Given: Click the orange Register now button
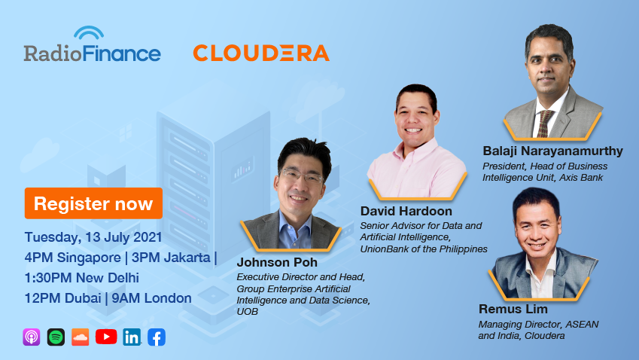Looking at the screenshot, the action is (x=93, y=203).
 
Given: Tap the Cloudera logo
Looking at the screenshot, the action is (x=261, y=53).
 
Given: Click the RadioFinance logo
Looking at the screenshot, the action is (x=92, y=44).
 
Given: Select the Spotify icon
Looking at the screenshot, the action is (x=56, y=337).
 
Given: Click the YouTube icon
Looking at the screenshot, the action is (x=106, y=337).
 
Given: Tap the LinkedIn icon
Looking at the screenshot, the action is (x=132, y=337).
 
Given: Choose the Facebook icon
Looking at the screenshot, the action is (x=157, y=337).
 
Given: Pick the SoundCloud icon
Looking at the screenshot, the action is (x=81, y=337).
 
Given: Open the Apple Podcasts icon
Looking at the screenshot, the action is (x=32, y=337).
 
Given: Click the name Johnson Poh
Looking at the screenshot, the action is (x=277, y=262).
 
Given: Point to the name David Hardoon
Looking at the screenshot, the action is (x=406, y=211).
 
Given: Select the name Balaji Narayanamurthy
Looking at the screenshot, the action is (x=552, y=151).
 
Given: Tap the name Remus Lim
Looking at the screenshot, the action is (x=513, y=309).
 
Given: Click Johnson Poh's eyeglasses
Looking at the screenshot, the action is (x=302, y=176).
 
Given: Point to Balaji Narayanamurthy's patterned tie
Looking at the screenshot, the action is (x=544, y=123).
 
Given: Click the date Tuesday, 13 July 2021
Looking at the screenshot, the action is (x=93, y=237).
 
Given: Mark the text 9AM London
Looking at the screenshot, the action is (x=151, y=298).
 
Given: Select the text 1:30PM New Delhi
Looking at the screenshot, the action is (x=82, y=278).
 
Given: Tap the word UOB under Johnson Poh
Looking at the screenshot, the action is (x=248, y=312).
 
